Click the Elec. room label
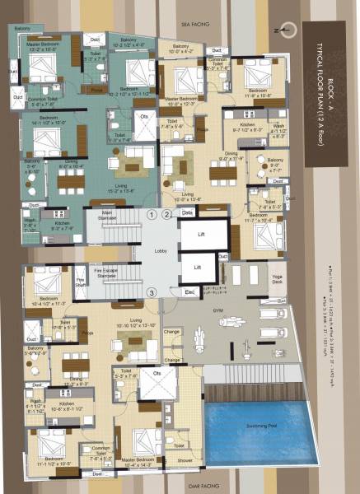[188, 291]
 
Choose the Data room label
[187, 212]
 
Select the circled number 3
[152, 292]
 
